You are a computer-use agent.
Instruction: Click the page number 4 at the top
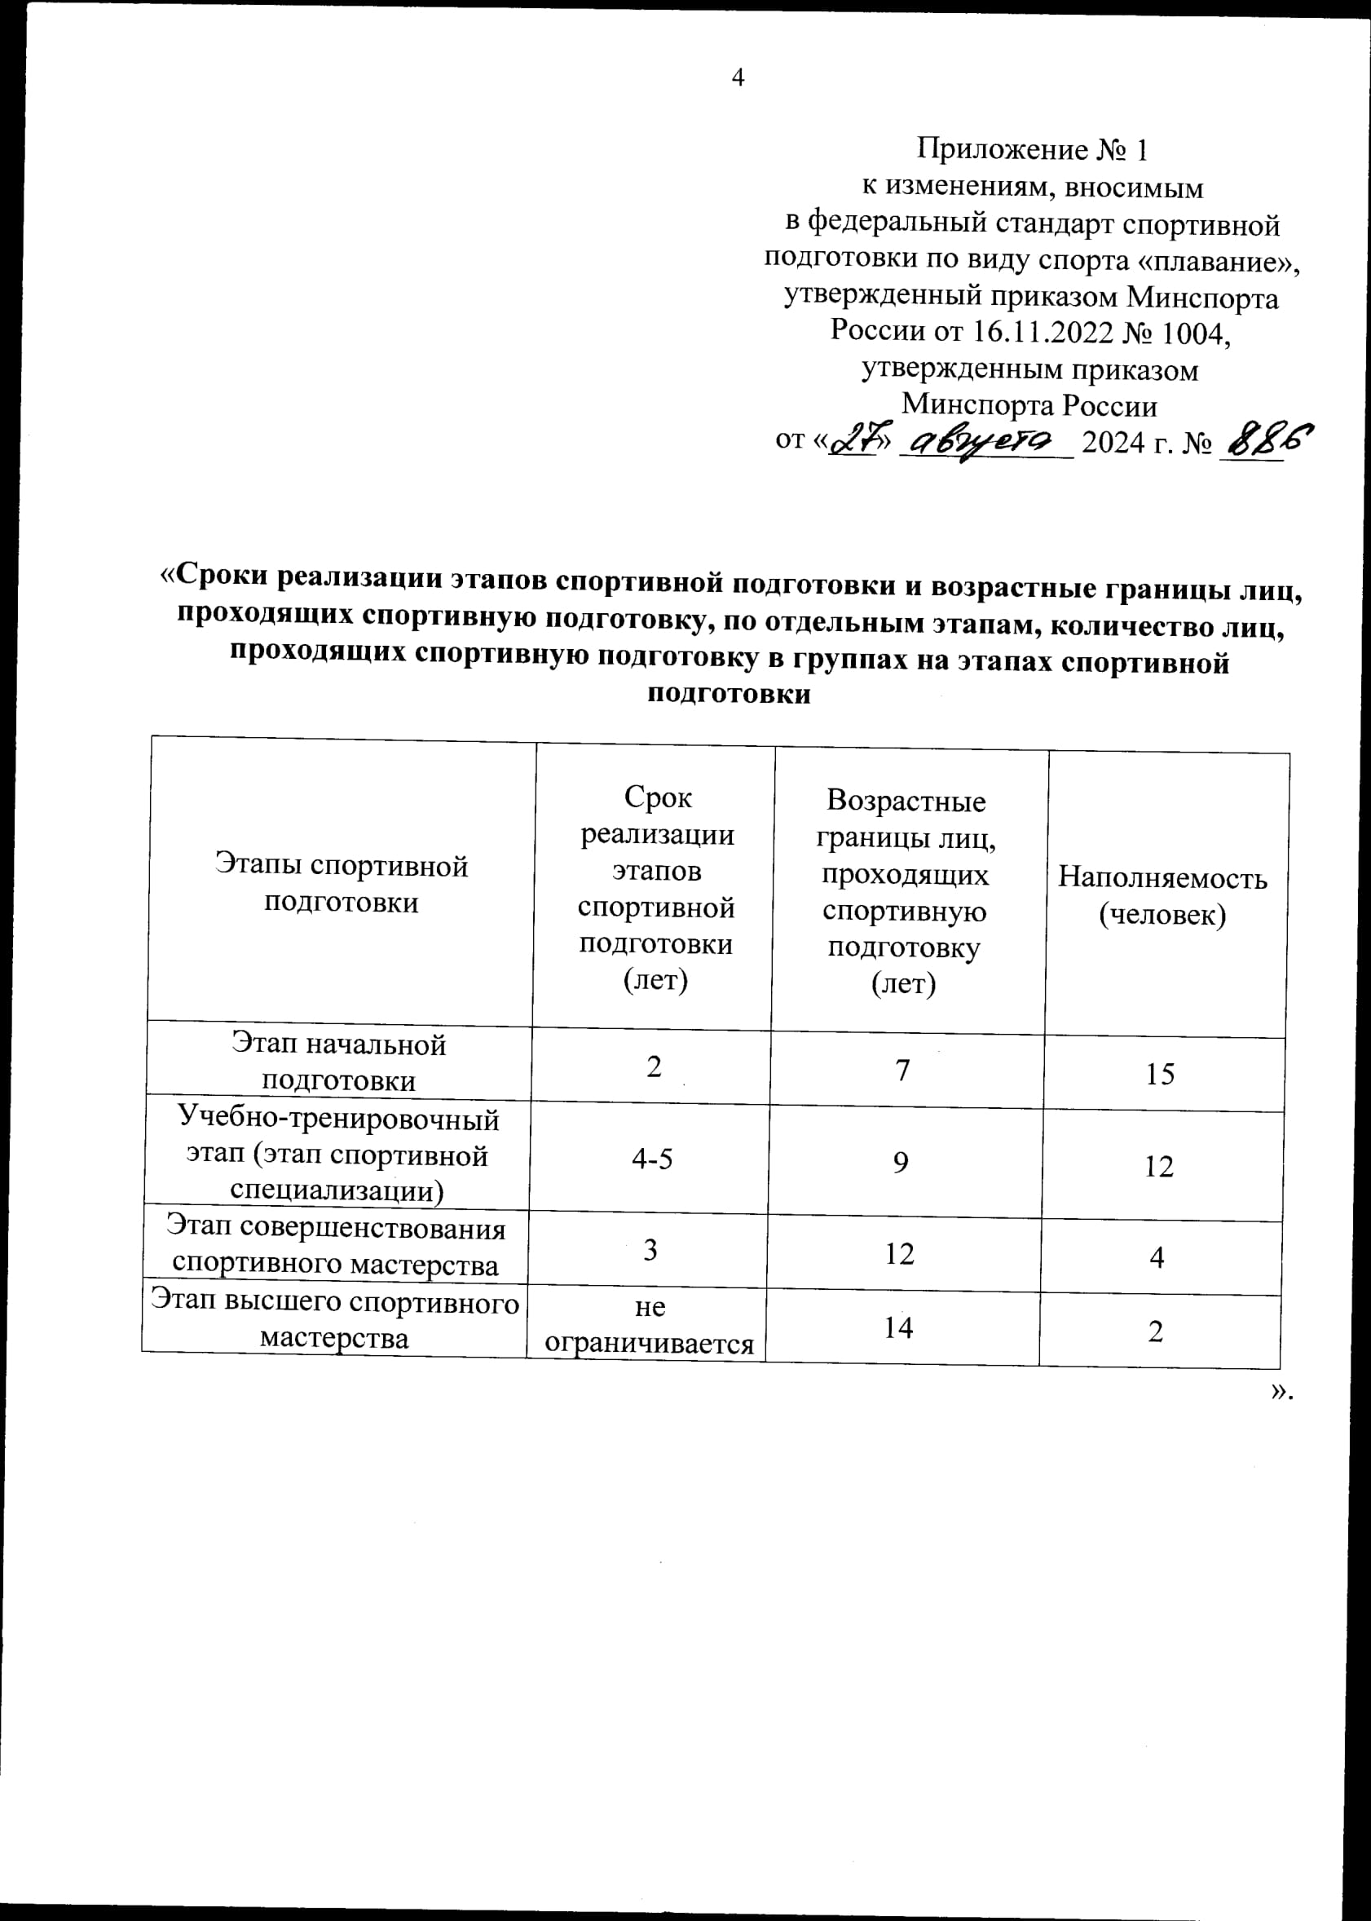click(x=738, y=78)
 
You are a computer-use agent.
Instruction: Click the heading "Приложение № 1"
click(x=1032, y=149)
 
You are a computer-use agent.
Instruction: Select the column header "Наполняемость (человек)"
click(x=1162, y=896)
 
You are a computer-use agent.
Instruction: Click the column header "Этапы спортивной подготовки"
click(x=341, y=884)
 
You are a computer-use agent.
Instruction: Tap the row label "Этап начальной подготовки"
click(x=338, y=1062)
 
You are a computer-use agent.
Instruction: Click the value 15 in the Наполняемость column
click(x=1160, y=1074)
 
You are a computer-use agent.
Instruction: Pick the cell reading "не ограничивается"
click(x=648, y=1326)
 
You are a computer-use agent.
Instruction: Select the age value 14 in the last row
click(x=898, y=1328)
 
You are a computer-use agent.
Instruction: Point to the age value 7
click(x=902, y=1071)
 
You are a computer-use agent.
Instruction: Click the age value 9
click(x=901, y=1163)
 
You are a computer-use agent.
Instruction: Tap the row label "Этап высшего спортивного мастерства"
click(x=335, y=1321)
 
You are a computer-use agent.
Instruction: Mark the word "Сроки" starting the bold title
click(x=221, y=576)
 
